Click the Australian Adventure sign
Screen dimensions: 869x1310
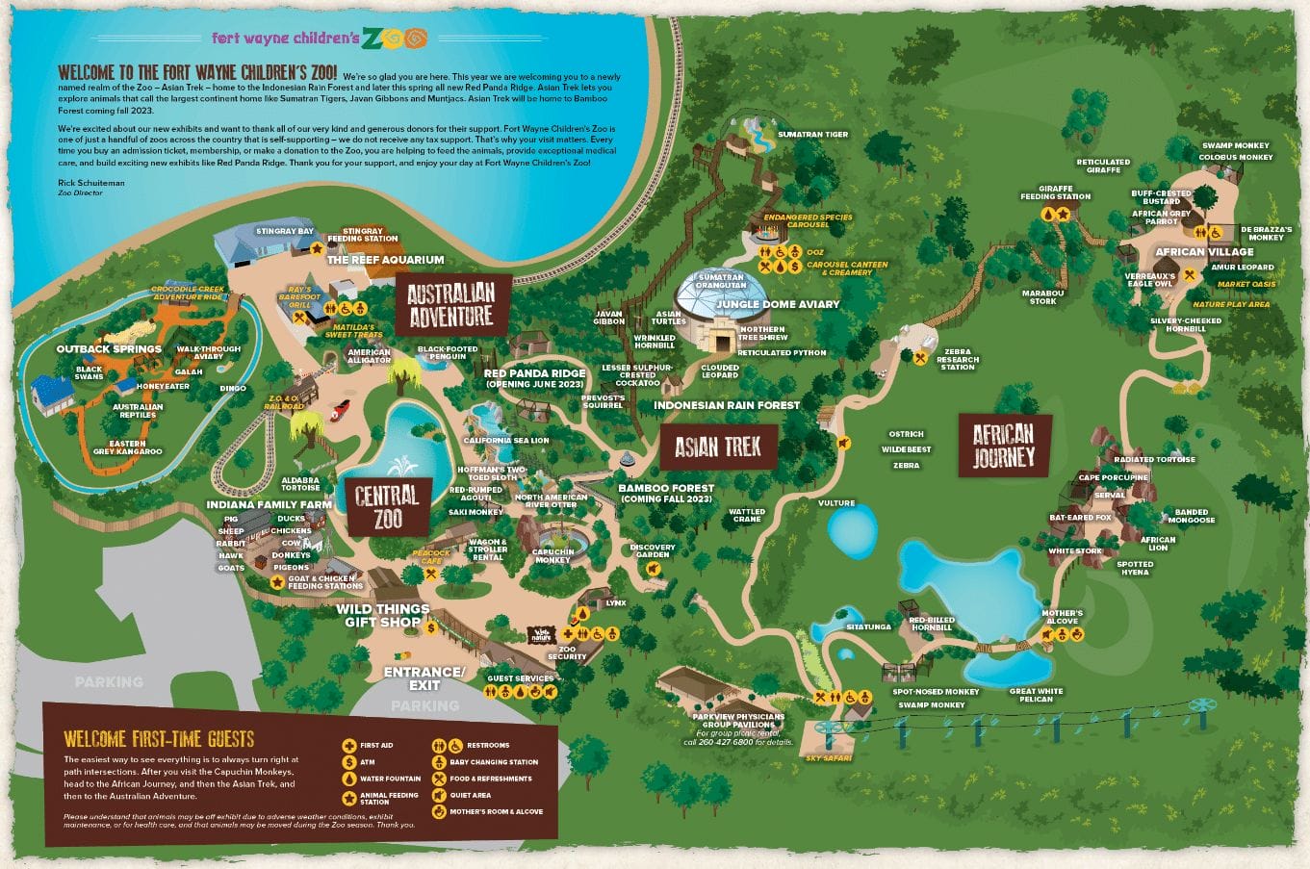tap(450, 304)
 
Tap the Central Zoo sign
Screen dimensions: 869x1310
tap(387, 508)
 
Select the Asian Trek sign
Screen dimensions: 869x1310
tap(717, 447)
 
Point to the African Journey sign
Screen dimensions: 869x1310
tap(1003, 446)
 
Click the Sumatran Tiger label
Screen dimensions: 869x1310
tap(812, 135)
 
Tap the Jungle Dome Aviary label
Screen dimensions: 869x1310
tap(778, 304)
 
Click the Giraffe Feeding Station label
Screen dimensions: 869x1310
tap(1055, 192)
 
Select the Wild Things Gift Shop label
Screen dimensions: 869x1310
tap(382, 615)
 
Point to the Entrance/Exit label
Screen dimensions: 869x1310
tap(424, 678)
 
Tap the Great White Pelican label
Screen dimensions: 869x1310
tap(1036, 695)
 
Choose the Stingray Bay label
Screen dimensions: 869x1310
tap(285, 231)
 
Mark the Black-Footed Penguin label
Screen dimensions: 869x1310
tap(448, 352)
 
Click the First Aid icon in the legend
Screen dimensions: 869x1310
tap(348, 746)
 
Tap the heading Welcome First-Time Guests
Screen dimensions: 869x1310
tap(159, 739)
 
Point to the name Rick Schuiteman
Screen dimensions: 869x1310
tap(91, 183)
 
